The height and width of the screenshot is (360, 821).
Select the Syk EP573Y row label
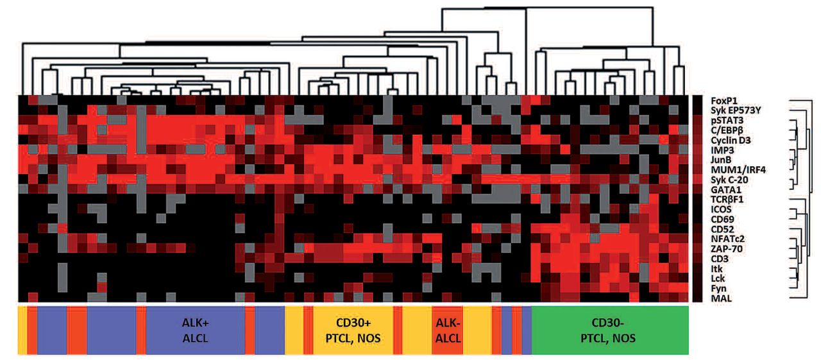pos(737,110)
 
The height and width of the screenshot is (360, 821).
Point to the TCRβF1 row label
pos(728,199)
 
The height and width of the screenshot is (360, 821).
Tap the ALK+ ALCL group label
pos(195,330)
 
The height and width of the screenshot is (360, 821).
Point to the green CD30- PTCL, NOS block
pos(609,330)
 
